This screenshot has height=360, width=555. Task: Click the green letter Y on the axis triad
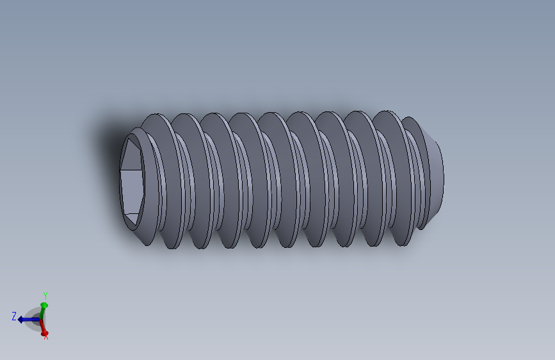(45, 295)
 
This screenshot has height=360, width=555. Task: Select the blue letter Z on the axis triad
(13, 316)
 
